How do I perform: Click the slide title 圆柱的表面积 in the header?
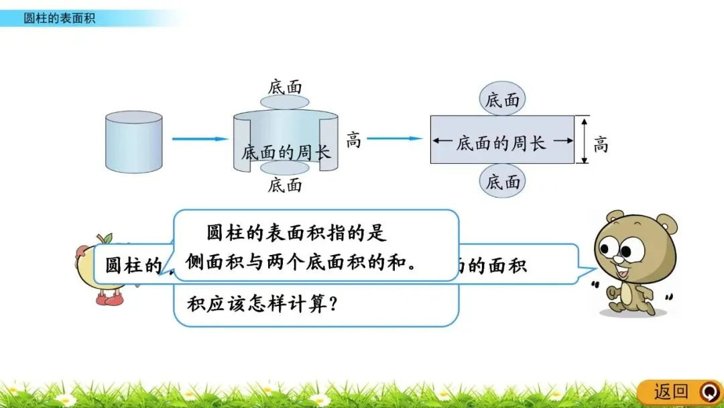(x=60, y=18)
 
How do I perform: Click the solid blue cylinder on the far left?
(x=134, y=142)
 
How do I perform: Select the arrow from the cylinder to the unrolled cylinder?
(x=200, y=139)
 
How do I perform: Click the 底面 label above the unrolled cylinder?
(x=285, y=87)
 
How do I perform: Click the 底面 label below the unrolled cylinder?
(x=285, y=185)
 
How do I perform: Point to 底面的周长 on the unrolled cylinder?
(x=286, y=152)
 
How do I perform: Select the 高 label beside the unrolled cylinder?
(x=353, y=140)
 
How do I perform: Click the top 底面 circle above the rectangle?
(x=503, y=100)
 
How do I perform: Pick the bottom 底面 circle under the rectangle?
(x=503, y=181)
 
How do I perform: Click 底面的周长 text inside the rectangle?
(x=501, y=142)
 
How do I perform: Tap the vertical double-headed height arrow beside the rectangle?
(x=585, y=141)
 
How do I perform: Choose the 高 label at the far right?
(x=601, y=144)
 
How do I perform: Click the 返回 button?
(x=671, y=391)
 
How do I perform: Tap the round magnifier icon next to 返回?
(x=708, y=391)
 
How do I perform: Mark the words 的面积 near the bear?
(x=499, y=264)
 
